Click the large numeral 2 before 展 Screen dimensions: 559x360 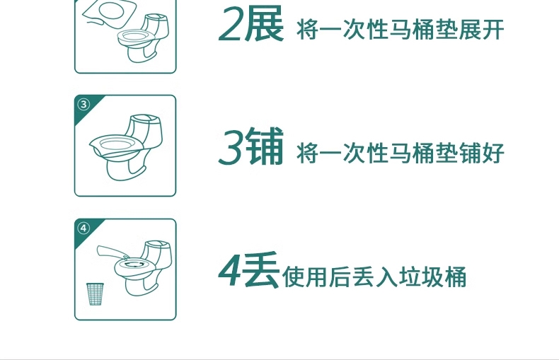pos(231,24)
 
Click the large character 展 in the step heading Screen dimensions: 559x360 pos(264,24)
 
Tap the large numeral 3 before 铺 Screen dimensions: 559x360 pos(231,147)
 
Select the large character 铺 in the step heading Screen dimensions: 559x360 pos(265,146)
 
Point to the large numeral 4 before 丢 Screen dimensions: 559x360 pos(231,271)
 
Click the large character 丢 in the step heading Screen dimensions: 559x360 pos(261,269)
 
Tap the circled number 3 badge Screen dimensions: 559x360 pos(83,105)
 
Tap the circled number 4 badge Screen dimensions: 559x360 pos(83,228)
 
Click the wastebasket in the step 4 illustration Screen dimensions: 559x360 pos(95,294)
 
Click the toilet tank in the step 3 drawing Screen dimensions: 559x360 pos(146,131)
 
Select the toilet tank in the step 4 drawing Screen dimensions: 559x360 pos(157,255)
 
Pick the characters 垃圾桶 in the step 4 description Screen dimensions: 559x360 pos(432,277)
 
